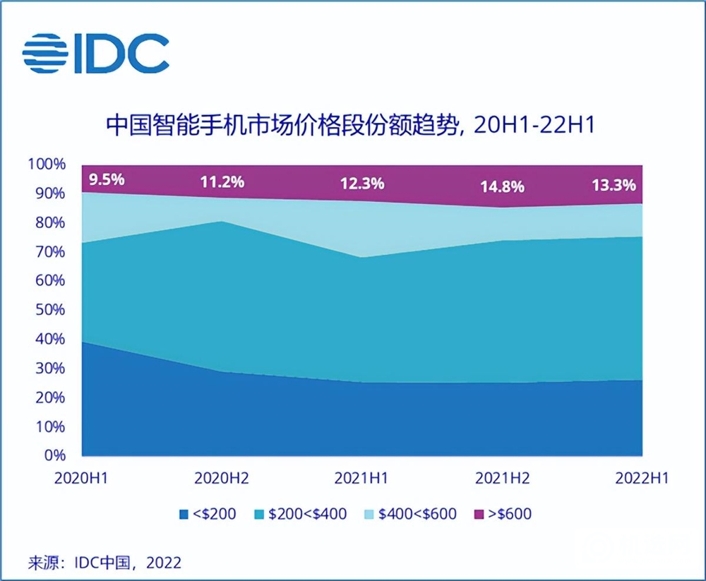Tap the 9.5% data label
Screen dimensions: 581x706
pyautogui.click(x=107, y=179)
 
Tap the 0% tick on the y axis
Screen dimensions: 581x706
pyautogui.click(x=54, y=455)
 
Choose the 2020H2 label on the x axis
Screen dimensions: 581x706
pyautogui.click(x=221, y=478)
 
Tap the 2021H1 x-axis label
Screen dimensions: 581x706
pyautogui.click(x=361, y=478)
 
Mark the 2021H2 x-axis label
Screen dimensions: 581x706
pyautogui.click(x=501, y=478)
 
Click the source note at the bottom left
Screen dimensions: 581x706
pyautogui.click(x=104, y=563)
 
